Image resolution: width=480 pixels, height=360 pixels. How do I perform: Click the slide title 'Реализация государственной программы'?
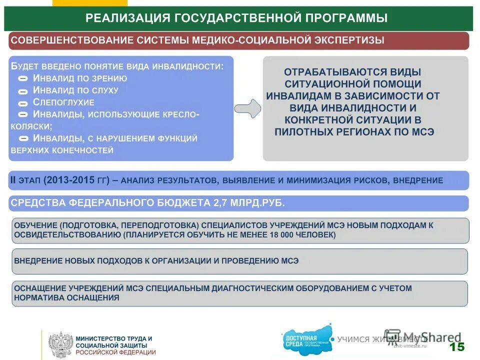click(236, 18)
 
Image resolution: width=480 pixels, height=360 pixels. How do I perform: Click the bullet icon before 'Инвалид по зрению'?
click(23, 79)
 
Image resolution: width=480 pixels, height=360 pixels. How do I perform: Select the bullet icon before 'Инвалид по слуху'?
click(23, 91)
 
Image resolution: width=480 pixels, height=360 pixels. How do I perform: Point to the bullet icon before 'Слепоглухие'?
click(23, 103)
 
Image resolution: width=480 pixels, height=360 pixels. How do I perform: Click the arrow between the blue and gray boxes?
click(247, 108)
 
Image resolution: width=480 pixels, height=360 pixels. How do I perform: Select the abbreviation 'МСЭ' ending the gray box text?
click(422, 132)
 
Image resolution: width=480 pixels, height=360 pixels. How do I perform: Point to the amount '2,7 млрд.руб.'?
click(248, 203)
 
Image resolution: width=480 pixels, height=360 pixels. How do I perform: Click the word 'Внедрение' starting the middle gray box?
click(38, 260)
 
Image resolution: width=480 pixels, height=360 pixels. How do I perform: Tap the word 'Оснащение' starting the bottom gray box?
click(39, 288)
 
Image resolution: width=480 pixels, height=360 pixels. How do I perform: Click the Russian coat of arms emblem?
click(60, 344)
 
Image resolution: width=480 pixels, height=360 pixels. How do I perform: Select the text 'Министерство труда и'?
click(113, 338)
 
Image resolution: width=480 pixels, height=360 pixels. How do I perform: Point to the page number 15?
click(456, 347)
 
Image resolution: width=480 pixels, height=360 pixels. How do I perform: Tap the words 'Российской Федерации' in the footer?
click(115, 352)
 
